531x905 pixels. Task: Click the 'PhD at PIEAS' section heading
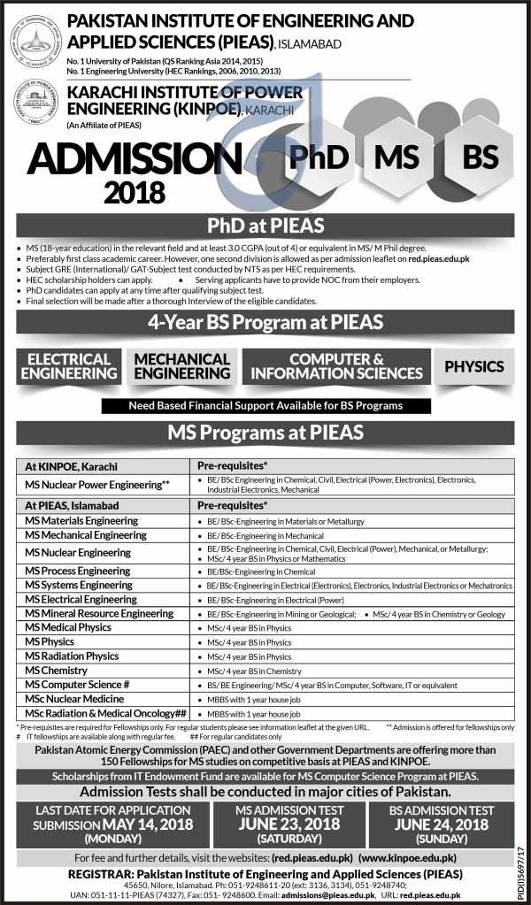tap(265, 226)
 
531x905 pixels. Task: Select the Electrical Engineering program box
tap(70, 366)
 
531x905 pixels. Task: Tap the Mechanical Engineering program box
tap(181, 366)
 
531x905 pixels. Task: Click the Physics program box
tap(473, 366)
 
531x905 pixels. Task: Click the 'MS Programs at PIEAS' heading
tap(265, 433)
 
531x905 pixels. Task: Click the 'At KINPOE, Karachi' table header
tap(73, 465)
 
